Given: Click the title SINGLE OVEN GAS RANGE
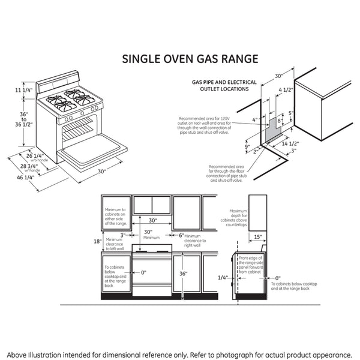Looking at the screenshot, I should [190, 59].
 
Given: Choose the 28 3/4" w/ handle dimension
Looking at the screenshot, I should [30, 167].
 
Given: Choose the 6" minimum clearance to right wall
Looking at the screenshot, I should [181, 235].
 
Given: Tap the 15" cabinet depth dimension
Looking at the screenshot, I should [256, 237].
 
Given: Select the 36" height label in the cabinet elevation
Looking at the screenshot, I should [182, 274].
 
